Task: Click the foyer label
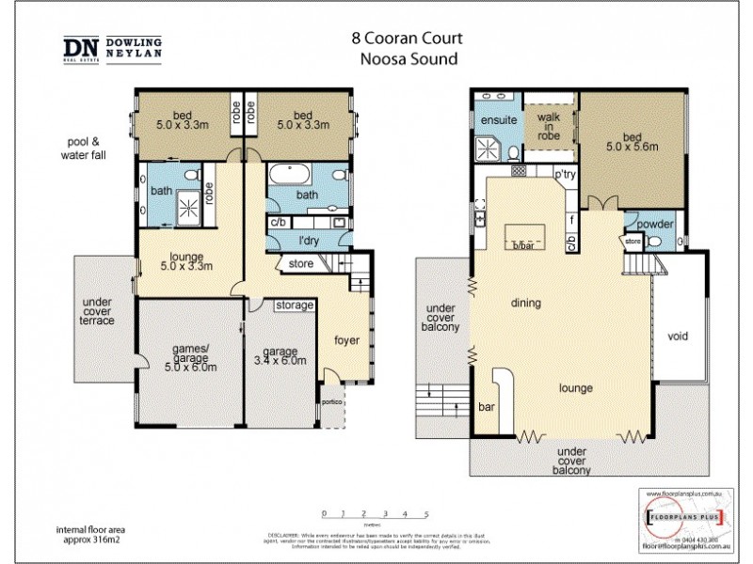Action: click(x=345, y=339)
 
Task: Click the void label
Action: click(x=678, y=336)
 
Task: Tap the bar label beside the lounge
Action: click(x=487, y=407)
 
